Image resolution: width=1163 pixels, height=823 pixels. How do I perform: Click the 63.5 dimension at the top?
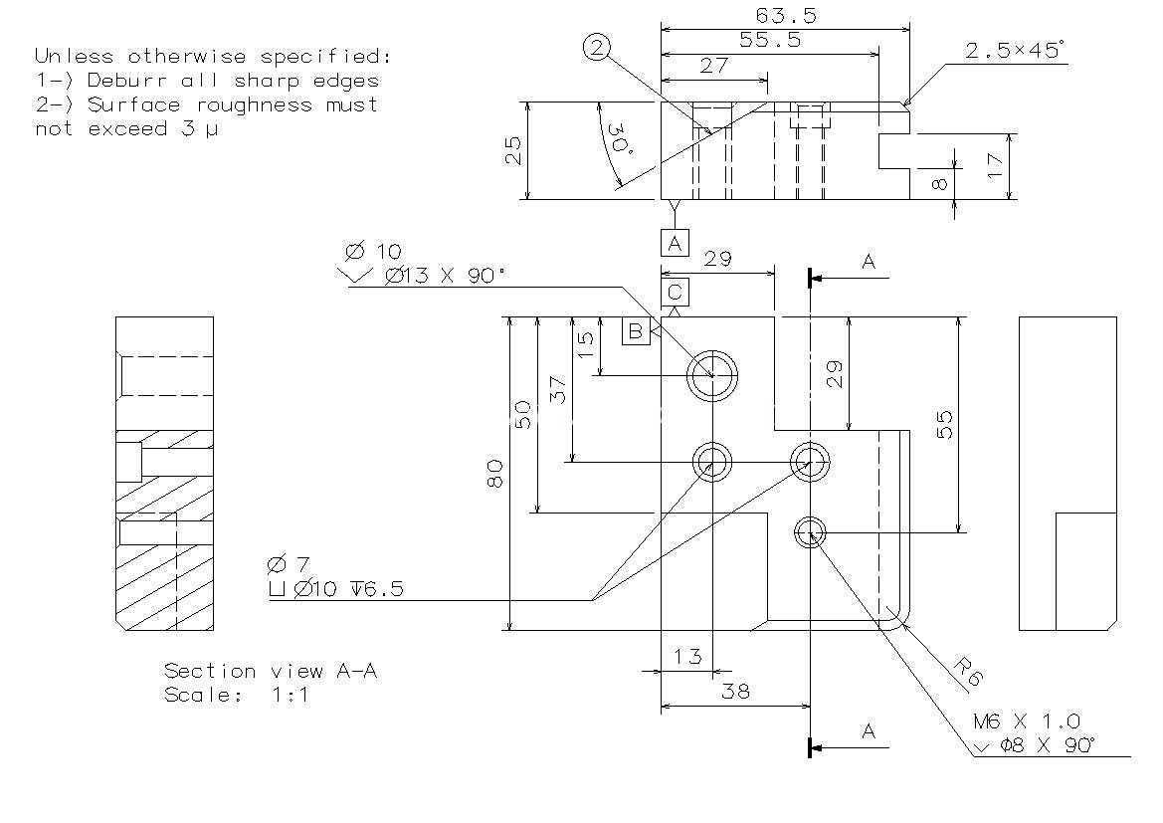click(x=786, y=16)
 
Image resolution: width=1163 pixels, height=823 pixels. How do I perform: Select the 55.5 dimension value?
click(x=770, y=40)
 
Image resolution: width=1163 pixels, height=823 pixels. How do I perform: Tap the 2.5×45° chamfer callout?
click(x=1015, y=51)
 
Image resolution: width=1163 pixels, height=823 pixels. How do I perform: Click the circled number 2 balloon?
click(x=597, y=48)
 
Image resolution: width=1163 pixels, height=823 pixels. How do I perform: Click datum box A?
click(x=675, y=243)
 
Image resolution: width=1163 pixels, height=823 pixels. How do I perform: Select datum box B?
click(x=636, y=331)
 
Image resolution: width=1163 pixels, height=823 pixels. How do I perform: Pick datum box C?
click(x=675, y=292)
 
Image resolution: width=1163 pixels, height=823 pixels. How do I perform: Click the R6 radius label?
click(x=968, y=672)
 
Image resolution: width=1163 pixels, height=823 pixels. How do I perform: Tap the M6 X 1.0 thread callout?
click(x=1027, y=721)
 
